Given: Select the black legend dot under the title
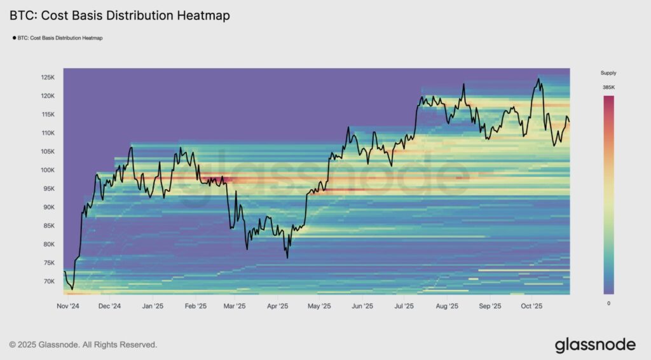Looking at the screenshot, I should click(15, 38).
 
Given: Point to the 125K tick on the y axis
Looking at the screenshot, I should click(48, 78).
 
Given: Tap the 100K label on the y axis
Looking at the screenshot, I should click(48, 170).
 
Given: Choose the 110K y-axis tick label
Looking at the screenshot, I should click(48, 134).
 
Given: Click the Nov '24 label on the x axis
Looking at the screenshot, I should click(67, 306).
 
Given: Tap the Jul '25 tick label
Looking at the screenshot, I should click(404, 306).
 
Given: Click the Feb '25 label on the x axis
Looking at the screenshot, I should click(195, 306).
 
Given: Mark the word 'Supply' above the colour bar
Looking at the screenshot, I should click(608, 73).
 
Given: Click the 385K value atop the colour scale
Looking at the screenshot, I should click(608, 87).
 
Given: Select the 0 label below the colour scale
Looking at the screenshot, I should click(608, 303).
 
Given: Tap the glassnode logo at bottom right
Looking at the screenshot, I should click(595, 345).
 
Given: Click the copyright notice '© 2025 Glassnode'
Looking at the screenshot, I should click(83, 345).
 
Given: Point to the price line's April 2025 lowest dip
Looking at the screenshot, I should click(287, 257).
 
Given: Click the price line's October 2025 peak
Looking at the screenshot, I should click(538, 79).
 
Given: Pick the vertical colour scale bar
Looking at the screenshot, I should click(608, 195).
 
